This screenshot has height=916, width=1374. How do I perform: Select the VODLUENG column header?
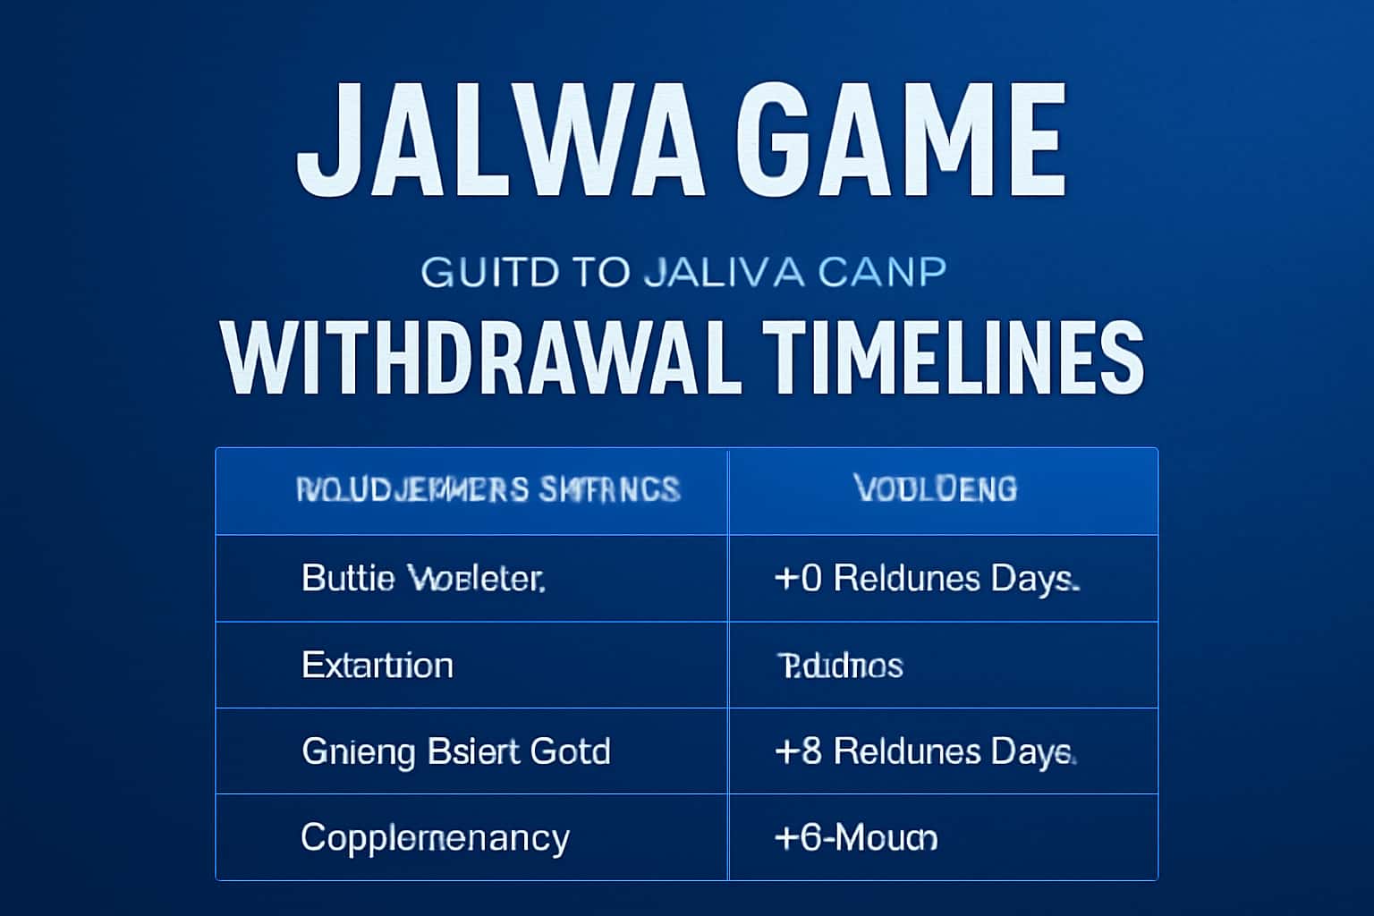pyautogui.click(x=936, y=489)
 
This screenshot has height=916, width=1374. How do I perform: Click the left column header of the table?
pyautogui.click(x=488, y=489)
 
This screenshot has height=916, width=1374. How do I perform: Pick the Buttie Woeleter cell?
pyautogui.click(x=423, y=578)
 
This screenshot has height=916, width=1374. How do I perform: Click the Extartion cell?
pyautogui.click(x=377, y=665)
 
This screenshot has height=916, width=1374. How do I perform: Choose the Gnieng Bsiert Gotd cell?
pyautogui.click(x=456, y=751)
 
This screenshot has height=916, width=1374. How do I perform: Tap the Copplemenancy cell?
pyautogui.click(x=435, y=837)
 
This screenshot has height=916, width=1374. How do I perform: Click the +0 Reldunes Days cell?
pyautogui.click(x=927, y=578)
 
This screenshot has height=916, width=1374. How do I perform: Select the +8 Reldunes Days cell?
pyautogui.click(x=925, y=751)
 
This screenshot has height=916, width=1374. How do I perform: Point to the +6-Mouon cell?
pyautogui.click(x=856, y=837)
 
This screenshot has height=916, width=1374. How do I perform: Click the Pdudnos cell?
pyautogui.click(x=840, y=665)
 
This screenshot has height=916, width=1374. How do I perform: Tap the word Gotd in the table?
pyautogui.click(x=570, y=751)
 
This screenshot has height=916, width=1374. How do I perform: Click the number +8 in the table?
pyautogui.click(x=798, y=751)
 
